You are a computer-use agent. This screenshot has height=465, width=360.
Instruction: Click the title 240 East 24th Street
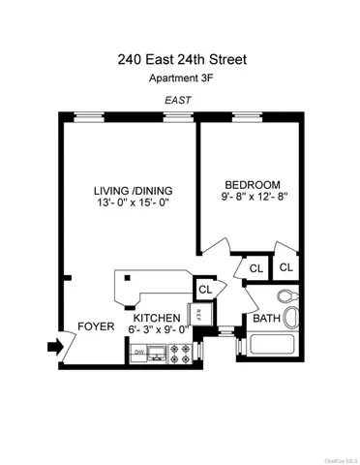[180, 60]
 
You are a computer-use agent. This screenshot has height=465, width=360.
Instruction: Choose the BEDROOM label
[252, 185]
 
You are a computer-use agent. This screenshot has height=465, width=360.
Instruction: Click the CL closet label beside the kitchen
[205, 289]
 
